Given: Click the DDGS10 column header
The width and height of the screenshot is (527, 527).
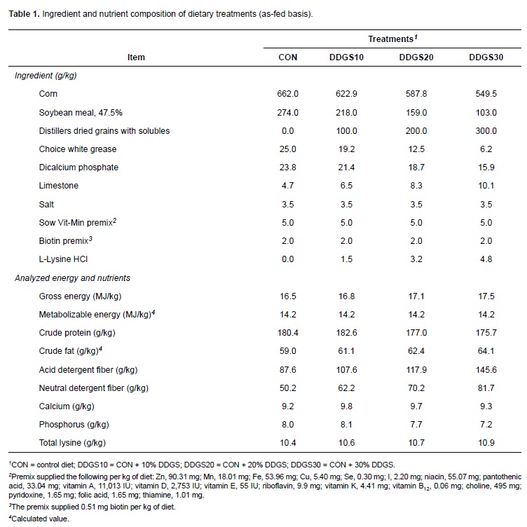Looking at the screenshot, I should click(x=346, y=57).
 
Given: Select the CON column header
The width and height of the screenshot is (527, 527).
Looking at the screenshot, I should click(x=288, y=57).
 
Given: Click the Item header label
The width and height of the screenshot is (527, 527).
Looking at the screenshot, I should click(x=137, y=57).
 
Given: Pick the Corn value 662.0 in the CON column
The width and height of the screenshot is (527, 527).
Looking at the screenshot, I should click(x=288, y=94).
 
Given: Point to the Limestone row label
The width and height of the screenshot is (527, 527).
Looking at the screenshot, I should click(x=59, y=186).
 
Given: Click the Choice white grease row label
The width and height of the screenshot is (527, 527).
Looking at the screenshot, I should click(x=78, y=149).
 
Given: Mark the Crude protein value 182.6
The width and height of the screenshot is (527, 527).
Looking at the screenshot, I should click(x=346, y=333).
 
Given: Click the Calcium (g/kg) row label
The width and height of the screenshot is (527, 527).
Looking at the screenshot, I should click(x=67, y=406).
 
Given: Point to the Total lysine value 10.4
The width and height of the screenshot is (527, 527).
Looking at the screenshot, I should click(x=288, y=444).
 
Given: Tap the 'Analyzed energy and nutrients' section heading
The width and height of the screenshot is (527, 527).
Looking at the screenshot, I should click(x=72, y=278).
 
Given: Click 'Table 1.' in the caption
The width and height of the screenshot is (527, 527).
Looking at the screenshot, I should click(x=23, y=14).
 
